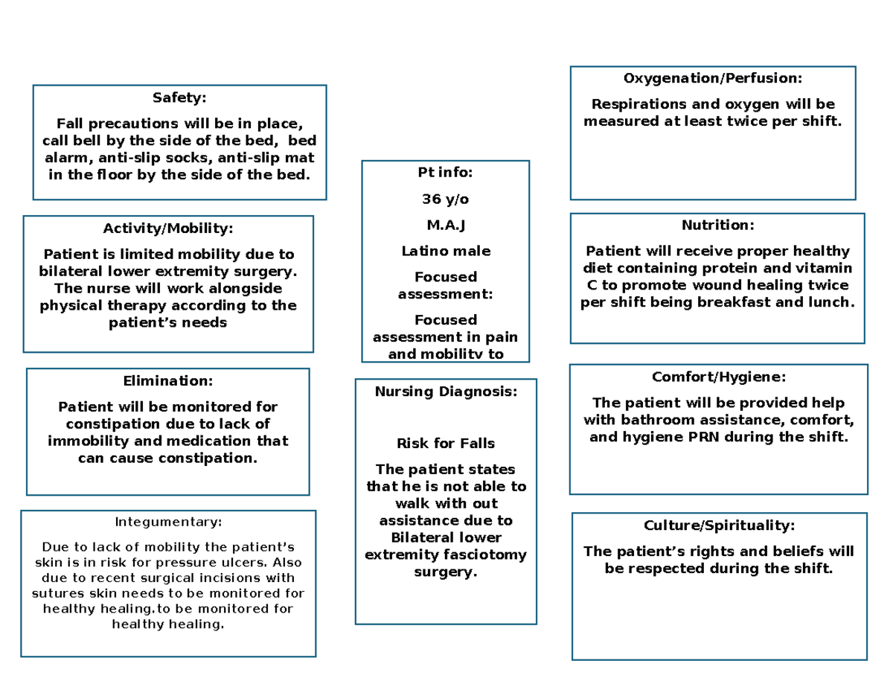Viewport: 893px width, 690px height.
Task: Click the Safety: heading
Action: pyautogui.click(x=179, y=98)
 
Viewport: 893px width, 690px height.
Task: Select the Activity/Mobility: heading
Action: pyautogui.click(x=168, y=228)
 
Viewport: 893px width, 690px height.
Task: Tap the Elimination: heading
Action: pyautogui.click(x=167, y=381)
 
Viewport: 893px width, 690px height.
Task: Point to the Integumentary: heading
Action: pyautogui.click(x=167, y=522)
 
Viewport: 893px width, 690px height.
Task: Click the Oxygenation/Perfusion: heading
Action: pyautogui.click(x=713, y=78)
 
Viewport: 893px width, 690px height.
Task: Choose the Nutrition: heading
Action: pyautogui.click(x=717, y=225)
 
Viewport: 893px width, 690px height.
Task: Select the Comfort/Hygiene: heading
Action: pyautogui.click(x=718, y=377)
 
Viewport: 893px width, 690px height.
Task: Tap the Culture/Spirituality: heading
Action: pyautogui.click(x=719, y=526)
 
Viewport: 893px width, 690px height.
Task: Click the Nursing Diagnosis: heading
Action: pyautogui.click(x=445, y=392)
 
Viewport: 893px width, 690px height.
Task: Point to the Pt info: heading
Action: pyautogui.click(x=445, y=173)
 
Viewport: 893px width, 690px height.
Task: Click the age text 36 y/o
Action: pyautogui.click(x=445, y=199)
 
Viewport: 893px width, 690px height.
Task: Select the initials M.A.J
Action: pyautogui.click(x=445, y=226)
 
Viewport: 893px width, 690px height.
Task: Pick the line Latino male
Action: pyautogui.click(x=445, y=252)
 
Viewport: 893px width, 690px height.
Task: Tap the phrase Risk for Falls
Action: pyautogui.click(x=445, y=444)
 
